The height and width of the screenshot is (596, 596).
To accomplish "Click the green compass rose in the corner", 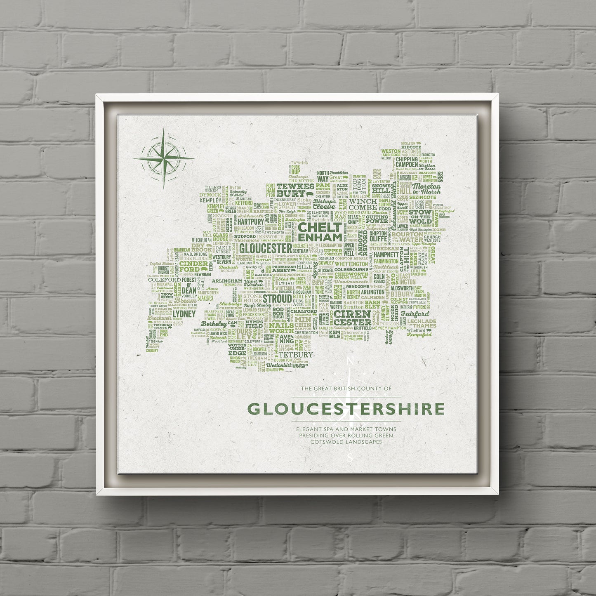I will click(164, 158).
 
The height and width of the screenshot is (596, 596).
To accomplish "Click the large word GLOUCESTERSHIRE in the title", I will click(346, 409).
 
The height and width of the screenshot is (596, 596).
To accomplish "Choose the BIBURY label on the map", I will click(402, 294).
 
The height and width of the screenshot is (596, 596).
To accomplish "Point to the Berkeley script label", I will click(214, 324).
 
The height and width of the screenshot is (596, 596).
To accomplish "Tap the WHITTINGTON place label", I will click(351, 264).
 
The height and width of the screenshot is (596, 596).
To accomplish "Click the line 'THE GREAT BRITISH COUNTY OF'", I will click(345, 389).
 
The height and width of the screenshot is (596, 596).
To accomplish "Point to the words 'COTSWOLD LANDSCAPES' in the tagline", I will click(346, 442).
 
